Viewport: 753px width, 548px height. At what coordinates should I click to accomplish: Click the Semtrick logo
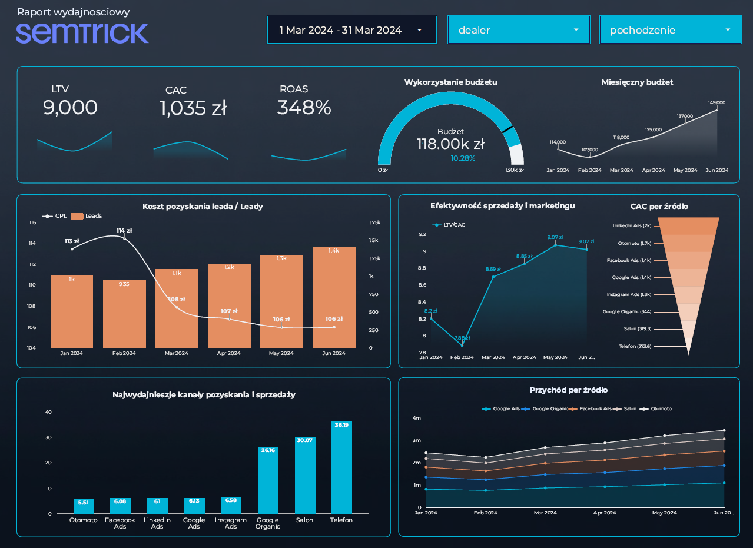point(82,33)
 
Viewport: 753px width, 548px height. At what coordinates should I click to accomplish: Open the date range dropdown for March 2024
point(351,30)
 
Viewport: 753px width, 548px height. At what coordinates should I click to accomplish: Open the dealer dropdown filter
point(518,30)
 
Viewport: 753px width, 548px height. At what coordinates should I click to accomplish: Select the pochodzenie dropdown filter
point(669,30)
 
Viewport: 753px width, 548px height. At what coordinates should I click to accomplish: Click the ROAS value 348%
point(304,108)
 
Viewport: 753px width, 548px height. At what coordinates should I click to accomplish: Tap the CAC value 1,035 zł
point(193,108)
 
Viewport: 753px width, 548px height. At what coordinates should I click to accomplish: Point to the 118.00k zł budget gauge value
point(450,144)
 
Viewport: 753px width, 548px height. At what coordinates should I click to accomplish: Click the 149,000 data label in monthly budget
point(716,102)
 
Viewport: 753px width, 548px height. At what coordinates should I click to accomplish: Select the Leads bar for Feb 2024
point(124,314)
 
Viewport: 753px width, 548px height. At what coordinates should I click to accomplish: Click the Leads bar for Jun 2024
point(334,297)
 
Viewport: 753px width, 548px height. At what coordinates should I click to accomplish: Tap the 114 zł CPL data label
point(124,231)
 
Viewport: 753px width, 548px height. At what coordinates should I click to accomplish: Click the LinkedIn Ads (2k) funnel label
point(632,225)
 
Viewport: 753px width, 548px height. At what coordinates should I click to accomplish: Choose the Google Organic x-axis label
point(267,523)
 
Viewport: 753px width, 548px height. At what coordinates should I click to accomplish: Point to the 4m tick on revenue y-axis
point(417,418)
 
